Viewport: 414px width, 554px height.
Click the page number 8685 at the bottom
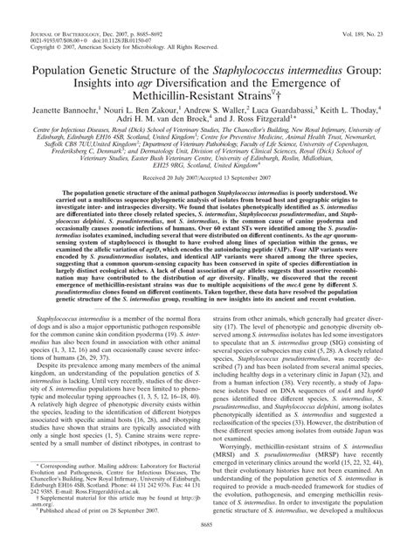click(207, 546)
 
